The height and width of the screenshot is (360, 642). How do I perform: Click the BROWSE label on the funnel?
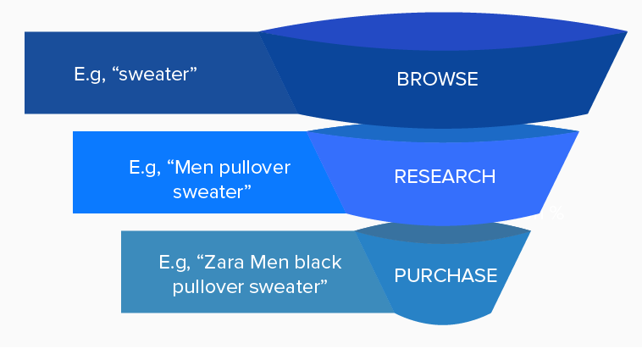click(437, 80)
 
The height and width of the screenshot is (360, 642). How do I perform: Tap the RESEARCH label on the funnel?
click(445, 177)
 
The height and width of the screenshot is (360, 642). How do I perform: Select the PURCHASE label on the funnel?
click(445, 275)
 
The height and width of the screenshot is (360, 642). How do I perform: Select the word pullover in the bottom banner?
click(208, 286)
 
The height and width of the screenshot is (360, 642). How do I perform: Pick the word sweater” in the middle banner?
click(212, 191)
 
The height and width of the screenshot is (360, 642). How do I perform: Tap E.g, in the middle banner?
click(145, 167)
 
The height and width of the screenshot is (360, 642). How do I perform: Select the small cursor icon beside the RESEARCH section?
click(556, 211)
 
